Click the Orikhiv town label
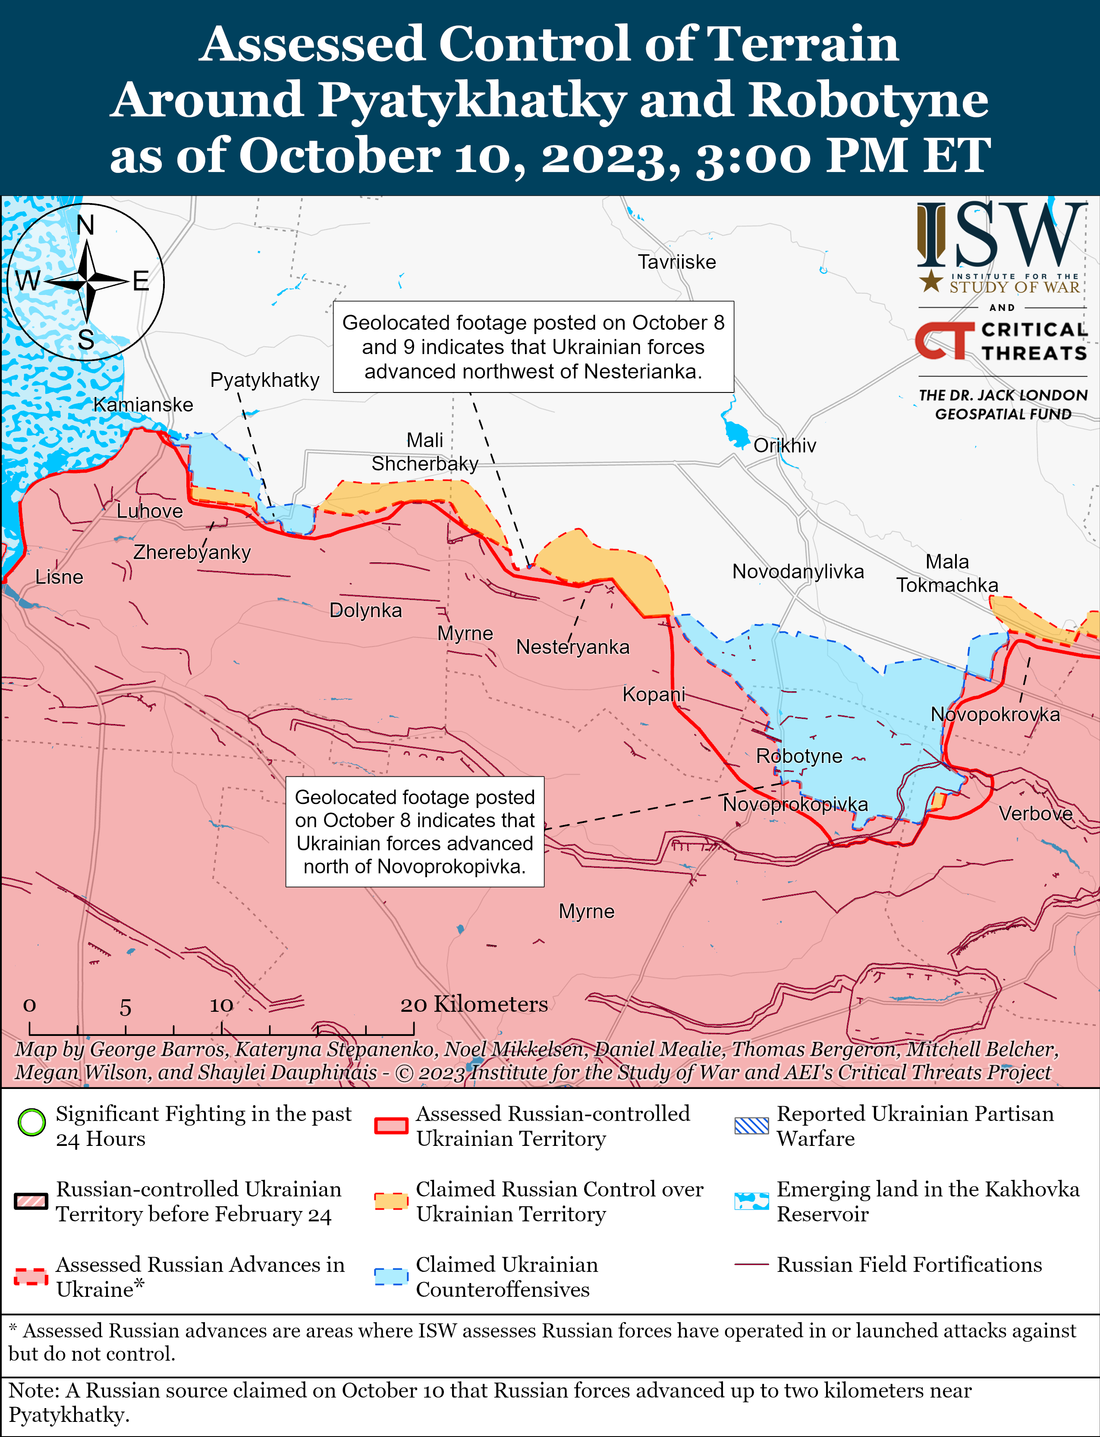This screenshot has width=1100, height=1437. coord(784,446)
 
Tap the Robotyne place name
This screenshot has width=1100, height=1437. coord(799,756)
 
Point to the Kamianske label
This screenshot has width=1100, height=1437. coord(143,405)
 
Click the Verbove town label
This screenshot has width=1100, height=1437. coord(1035,814)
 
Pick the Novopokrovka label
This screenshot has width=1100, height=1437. coord(995,714)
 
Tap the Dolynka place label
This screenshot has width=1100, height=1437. coord(365,610)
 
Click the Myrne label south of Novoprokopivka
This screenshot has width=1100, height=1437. coord(586,911)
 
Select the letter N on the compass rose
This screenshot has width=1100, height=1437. coord(86,226)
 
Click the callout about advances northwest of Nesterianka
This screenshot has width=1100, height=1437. coord(533,347)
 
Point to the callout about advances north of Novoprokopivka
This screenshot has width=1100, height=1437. coord(415,831)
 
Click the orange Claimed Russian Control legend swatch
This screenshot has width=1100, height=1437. coord(391,1201)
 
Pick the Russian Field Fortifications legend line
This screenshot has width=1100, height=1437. coord(751,1265)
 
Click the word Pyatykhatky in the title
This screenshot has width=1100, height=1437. coord(471,100)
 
